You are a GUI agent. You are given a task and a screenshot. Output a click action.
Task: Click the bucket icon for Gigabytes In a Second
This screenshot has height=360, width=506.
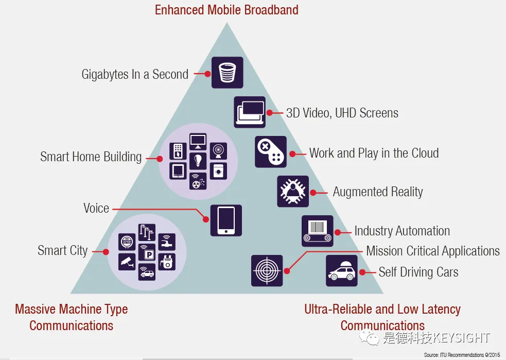[227, 73]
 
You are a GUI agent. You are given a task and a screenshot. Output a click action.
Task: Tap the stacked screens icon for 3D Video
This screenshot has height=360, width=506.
[250, 112]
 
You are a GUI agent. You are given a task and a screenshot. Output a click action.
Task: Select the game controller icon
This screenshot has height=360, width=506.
[271, 152]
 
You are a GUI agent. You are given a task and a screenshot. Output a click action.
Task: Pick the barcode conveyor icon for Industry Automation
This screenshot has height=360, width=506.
[317, 231]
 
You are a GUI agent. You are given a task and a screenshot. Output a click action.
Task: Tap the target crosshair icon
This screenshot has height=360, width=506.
[267, 270]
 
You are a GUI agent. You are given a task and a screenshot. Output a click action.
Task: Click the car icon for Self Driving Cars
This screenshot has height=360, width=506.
[342, 271]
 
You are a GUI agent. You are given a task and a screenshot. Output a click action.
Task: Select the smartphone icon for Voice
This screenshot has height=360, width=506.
[226, 220]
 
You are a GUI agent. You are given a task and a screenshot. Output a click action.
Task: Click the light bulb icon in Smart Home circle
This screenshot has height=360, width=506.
[198, 160]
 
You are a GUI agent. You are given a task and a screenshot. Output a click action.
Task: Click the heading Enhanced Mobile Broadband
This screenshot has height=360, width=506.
[226, 10]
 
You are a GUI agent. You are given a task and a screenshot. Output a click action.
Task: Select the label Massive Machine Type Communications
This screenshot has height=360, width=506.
[72, 317]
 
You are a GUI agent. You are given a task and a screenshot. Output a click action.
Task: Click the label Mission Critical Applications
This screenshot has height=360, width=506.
[433, 251]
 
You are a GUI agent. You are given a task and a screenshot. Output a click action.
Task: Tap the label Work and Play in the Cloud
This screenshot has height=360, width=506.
[374, 153]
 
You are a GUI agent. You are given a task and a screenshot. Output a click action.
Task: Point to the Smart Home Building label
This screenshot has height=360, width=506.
[91, 157]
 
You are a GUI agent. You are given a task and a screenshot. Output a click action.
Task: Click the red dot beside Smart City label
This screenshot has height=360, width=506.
[106, 252]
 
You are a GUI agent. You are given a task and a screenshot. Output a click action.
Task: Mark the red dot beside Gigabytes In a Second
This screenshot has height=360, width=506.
[207, 74]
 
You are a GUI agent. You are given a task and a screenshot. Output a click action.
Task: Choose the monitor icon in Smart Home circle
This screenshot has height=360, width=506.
[198, 140]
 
